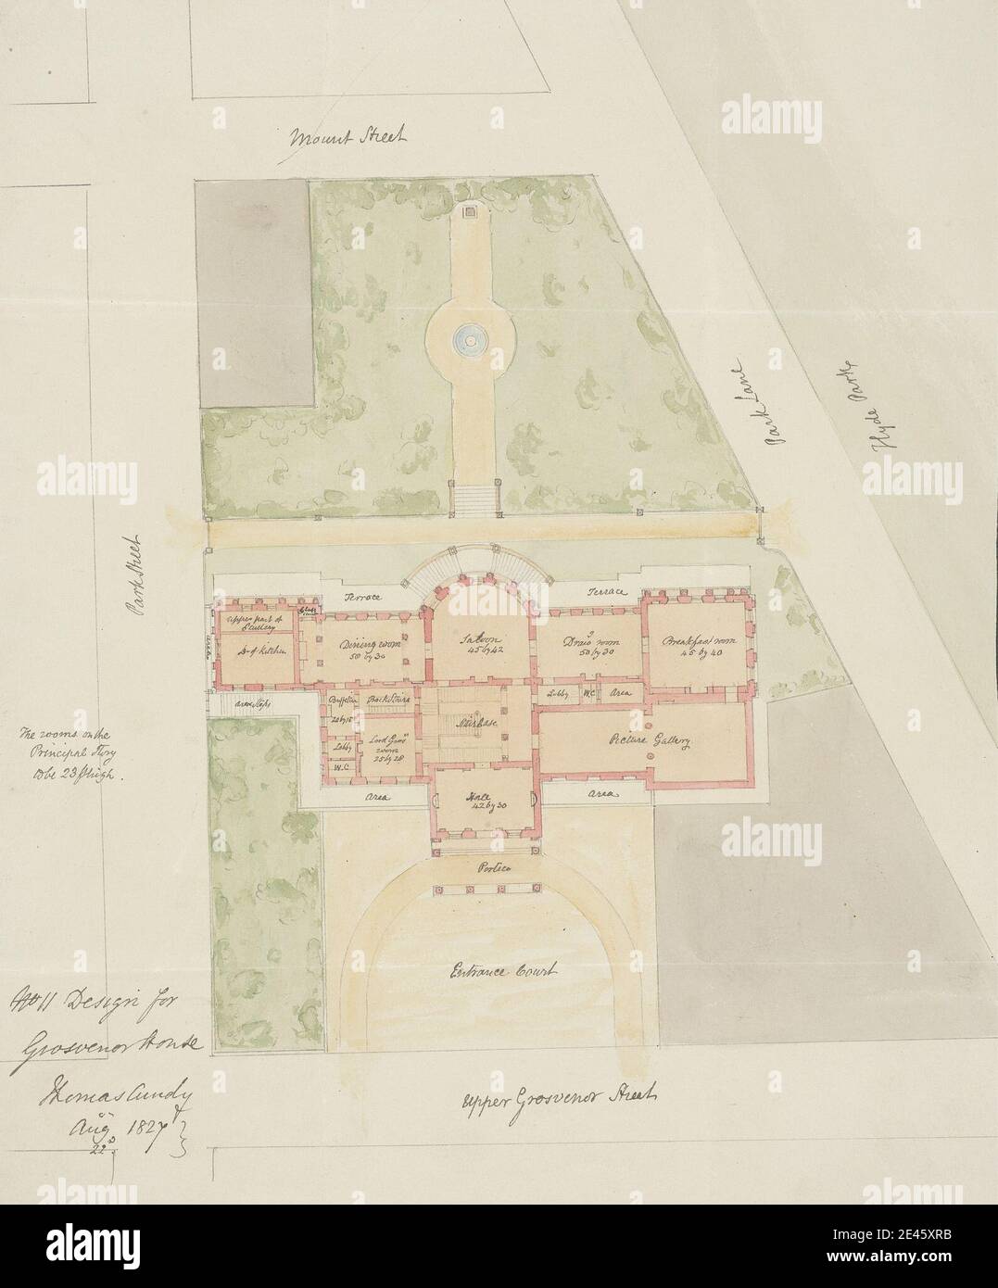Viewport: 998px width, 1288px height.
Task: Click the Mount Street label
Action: (x=347, y=139)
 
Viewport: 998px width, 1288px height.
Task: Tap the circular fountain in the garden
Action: (x=470, y=342)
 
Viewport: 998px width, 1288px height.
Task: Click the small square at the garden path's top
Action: (x=470, y=212)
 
